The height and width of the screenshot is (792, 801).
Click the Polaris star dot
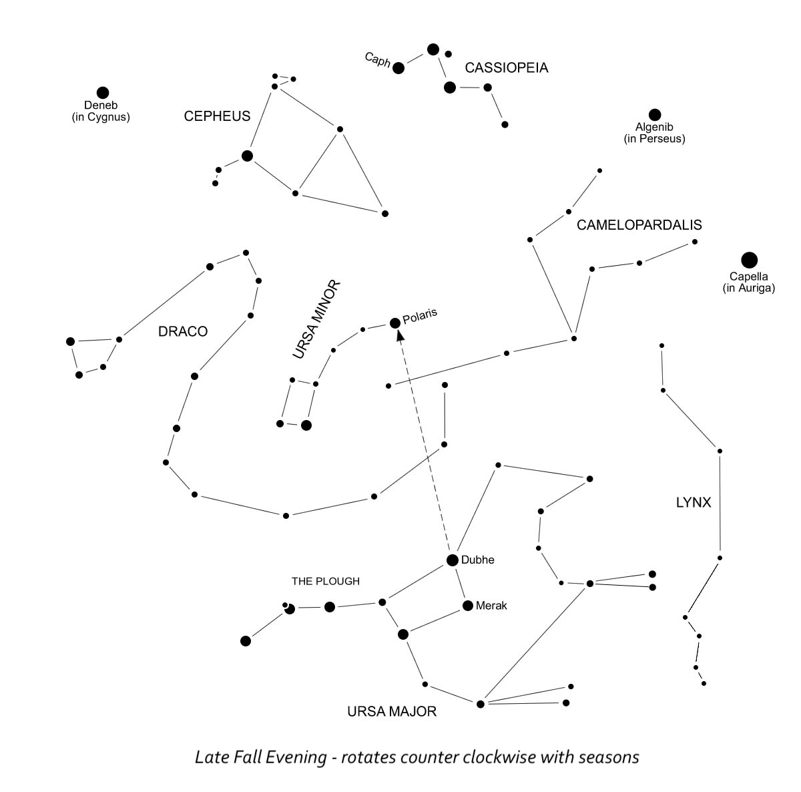395,323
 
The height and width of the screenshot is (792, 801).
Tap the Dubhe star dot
453,560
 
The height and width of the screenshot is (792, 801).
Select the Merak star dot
468,606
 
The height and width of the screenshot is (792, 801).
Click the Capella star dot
750,260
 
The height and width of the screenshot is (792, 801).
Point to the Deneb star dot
102,93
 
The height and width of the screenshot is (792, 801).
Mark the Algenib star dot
655,115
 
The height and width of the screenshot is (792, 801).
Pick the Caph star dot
398,67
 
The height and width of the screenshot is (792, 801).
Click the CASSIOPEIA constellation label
507,67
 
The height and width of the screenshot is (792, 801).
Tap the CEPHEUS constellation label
217,116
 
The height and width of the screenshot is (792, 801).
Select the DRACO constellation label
183,331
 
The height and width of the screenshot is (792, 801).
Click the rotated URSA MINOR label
317,320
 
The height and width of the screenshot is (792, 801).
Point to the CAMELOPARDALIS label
639,225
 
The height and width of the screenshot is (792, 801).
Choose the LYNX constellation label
694,503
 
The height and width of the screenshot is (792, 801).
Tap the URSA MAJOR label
392,712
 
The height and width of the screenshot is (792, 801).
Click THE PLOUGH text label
326,581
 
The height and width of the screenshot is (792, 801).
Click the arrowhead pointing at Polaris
400,337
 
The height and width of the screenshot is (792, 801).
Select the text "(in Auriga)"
748,288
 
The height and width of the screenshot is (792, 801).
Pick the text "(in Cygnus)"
101,117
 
